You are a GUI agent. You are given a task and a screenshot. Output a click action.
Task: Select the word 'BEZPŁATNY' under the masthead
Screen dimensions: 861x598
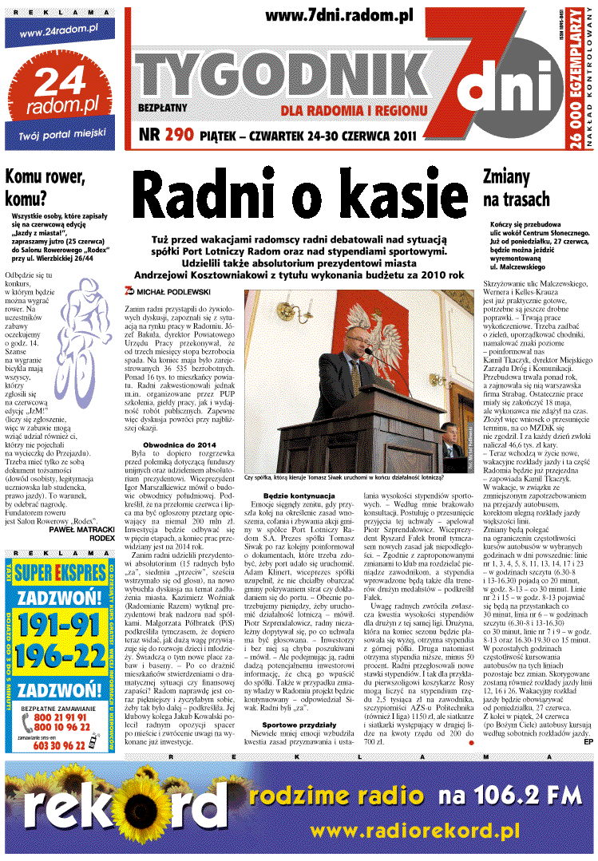point(162,106)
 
